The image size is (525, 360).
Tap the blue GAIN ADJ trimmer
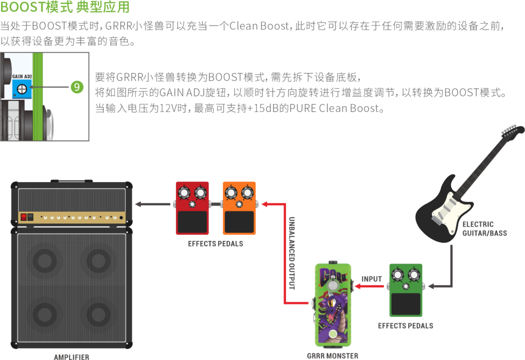click(x=22, y=89)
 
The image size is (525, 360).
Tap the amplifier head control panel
click(x=72, y=217)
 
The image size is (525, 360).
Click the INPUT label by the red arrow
click(x=372, y=279)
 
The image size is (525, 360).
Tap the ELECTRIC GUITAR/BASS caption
click(x=484, y=229)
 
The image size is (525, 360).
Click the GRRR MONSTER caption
click(x=333, y=355)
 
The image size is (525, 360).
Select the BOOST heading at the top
click(x=65, y=8)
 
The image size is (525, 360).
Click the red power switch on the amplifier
click(x=24, y=217)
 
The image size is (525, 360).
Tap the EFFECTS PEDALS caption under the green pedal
click(x=405, y=326)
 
